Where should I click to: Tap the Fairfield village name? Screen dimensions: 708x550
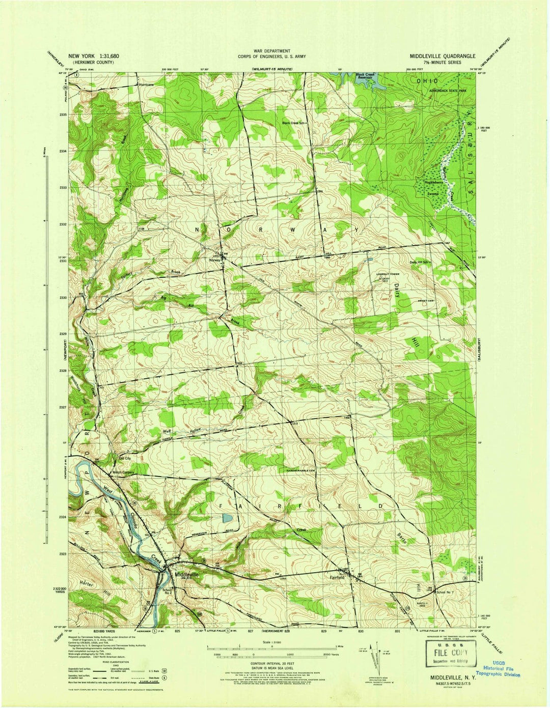pyautogui.click(x=337, y=577)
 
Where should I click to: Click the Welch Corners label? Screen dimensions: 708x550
pyautogui.click(x=123, y=473)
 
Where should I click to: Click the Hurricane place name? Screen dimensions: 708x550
pyautogui.click(x=146, y=85)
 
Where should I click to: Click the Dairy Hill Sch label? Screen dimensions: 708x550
pyautogui.click(x=420, y=262)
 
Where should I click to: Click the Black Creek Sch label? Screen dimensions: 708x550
pyautogui.click(x=294, y=123)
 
